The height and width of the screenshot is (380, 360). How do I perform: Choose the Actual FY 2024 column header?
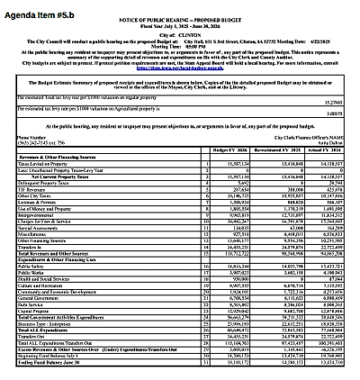pos(329,149)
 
